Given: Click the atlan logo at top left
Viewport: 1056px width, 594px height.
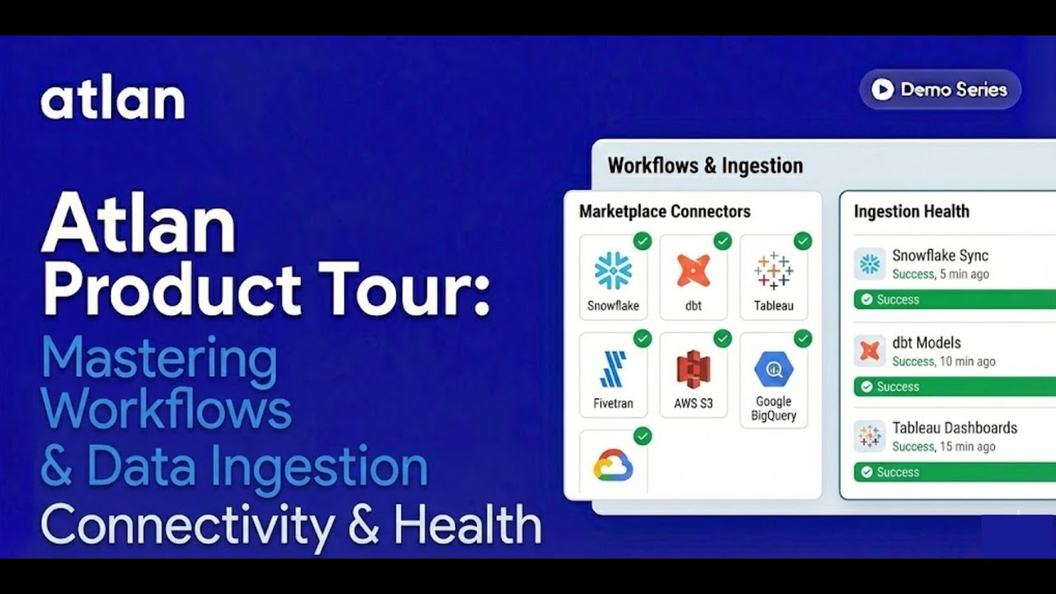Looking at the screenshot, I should (x=112, y=100).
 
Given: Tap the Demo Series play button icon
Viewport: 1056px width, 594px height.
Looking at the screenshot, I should (x=882, y=90).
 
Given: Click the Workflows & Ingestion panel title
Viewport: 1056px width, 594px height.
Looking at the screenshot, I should (x=705, y=166).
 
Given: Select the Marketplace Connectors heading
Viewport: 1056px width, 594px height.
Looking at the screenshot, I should (x=664, y=212).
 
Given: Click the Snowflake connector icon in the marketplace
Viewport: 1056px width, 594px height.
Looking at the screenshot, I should (x=613, y=271).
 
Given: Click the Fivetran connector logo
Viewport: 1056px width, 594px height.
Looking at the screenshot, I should (x=613, y=369).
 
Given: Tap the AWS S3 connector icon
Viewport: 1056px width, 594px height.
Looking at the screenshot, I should (x=693, y=369).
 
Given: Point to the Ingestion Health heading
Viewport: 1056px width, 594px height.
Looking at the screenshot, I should (x=911, y=212).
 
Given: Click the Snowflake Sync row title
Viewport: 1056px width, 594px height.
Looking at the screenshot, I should (x=940, y=256).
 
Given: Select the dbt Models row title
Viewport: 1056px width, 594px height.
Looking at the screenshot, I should (x=926, y=342).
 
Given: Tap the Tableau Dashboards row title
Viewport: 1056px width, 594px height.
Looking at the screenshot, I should (x=955, y=428).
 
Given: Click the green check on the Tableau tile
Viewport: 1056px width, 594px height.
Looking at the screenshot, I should (x=802, y=241).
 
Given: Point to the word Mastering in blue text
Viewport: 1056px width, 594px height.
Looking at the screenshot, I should (x=159, y=359).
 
